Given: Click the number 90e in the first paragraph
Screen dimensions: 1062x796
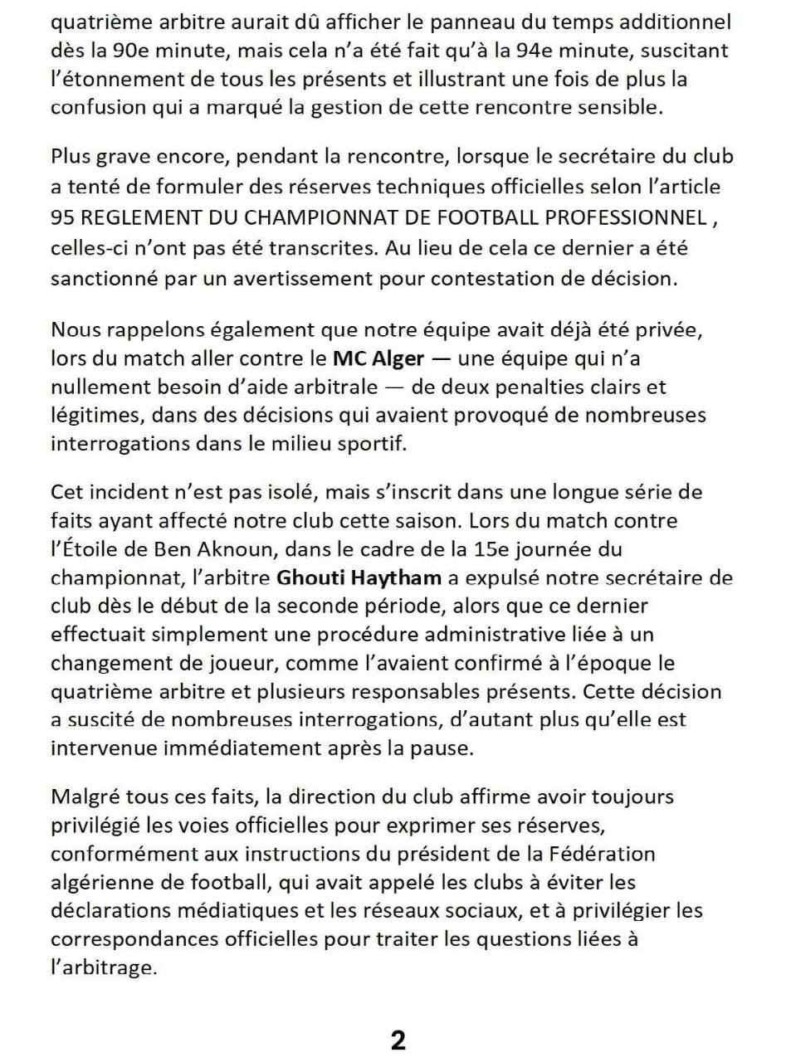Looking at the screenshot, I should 129,51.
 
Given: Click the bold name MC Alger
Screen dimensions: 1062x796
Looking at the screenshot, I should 378,358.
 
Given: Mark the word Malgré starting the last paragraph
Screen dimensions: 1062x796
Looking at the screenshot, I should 85,796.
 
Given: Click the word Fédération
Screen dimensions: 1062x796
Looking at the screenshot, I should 601,854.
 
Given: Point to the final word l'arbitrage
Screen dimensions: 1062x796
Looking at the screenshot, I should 103,967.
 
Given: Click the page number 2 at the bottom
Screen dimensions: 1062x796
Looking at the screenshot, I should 398,1040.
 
